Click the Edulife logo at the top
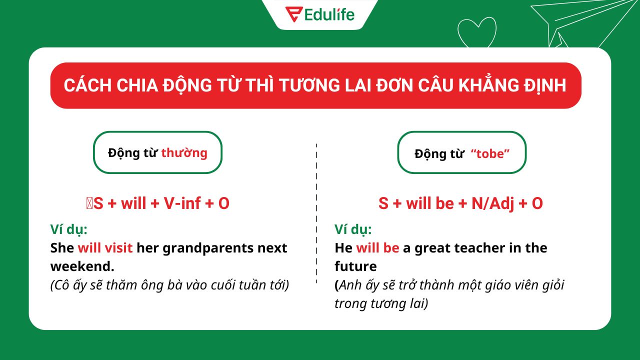coord(319,14)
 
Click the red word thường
coord(184,152)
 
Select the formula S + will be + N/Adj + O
coord(460,203)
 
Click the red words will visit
coord(105,248)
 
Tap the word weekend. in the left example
coord(82,266)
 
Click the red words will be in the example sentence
coord(377,248)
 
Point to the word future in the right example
coord(355,266)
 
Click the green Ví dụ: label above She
coord(69,229)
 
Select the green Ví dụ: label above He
coord(353,229)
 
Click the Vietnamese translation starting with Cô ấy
coord(170,285)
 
